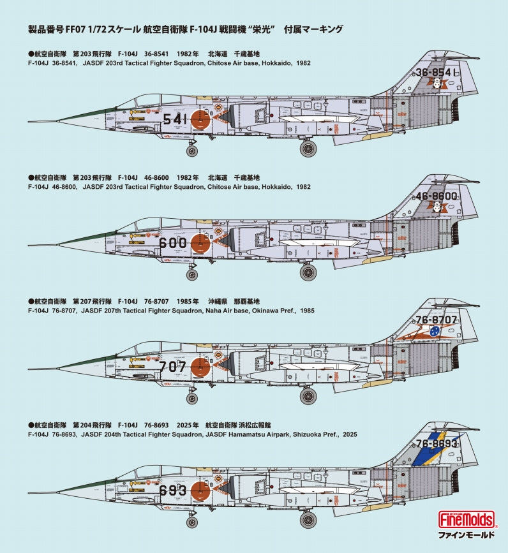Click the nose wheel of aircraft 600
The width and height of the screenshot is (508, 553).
[192, 275]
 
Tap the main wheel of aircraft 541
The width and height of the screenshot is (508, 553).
[308, 149]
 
